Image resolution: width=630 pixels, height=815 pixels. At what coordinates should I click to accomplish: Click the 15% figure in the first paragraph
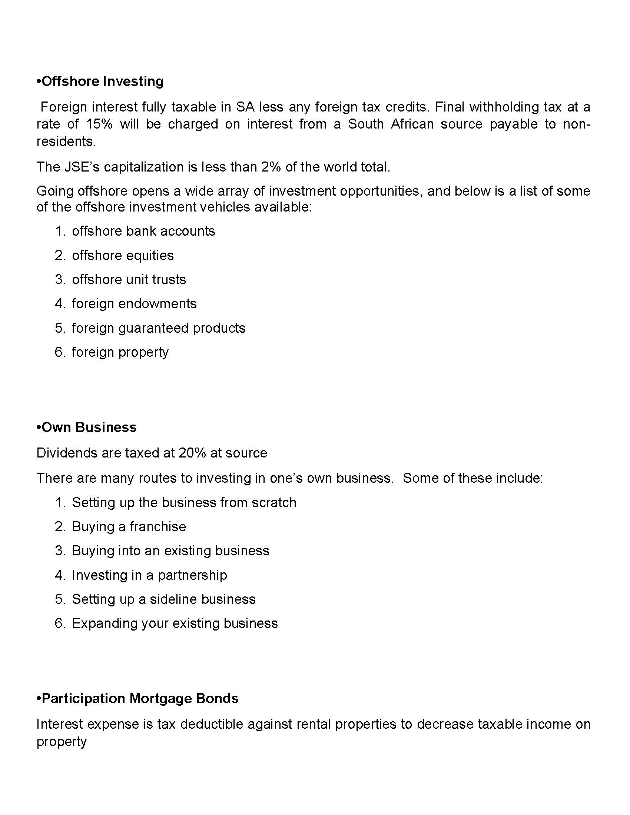pyautogui.click(x=99, y=124)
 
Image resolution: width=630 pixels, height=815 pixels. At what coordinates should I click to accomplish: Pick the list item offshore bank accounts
pyautogui.click(x=143, y=231)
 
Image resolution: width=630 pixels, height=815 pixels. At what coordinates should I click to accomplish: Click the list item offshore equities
pyautogui.click(x=123, y=255)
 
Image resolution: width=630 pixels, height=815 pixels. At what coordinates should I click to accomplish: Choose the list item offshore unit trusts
pyautogui.click(x=129, y=279)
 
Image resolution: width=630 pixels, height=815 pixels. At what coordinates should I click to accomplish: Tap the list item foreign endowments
pyautogui.click(x=134, y=304)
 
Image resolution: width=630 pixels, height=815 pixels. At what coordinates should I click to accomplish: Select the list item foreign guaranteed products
pyautogui.click(x=159, y=328)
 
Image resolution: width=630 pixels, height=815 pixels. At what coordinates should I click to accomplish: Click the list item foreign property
pyautogui.click(x=120, y=352)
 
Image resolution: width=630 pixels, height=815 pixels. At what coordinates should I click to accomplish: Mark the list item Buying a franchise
pyautogui.click(x=129, y=526)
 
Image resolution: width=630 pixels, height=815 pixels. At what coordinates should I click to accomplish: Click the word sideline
pyautogui.click(x=172, y=599)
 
